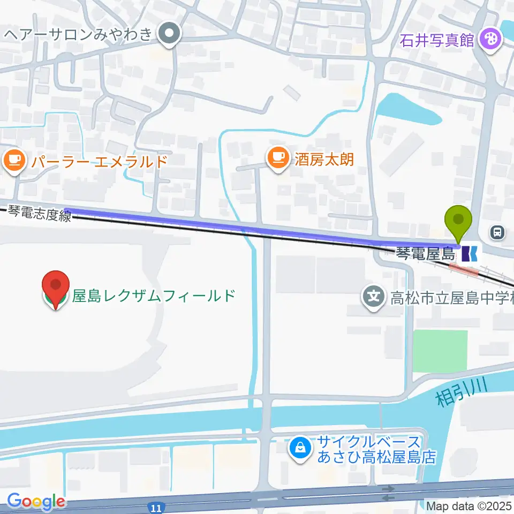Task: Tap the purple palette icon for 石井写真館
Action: (x=489, y=39)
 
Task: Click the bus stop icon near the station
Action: (x=498, y=232)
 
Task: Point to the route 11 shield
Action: (x=154, y=505)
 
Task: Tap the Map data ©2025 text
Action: (x=470, y=505)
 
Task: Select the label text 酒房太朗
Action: (x=324, y=158)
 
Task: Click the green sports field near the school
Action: (x=440, y=351)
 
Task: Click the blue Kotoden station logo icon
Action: (x=470, y=253)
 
